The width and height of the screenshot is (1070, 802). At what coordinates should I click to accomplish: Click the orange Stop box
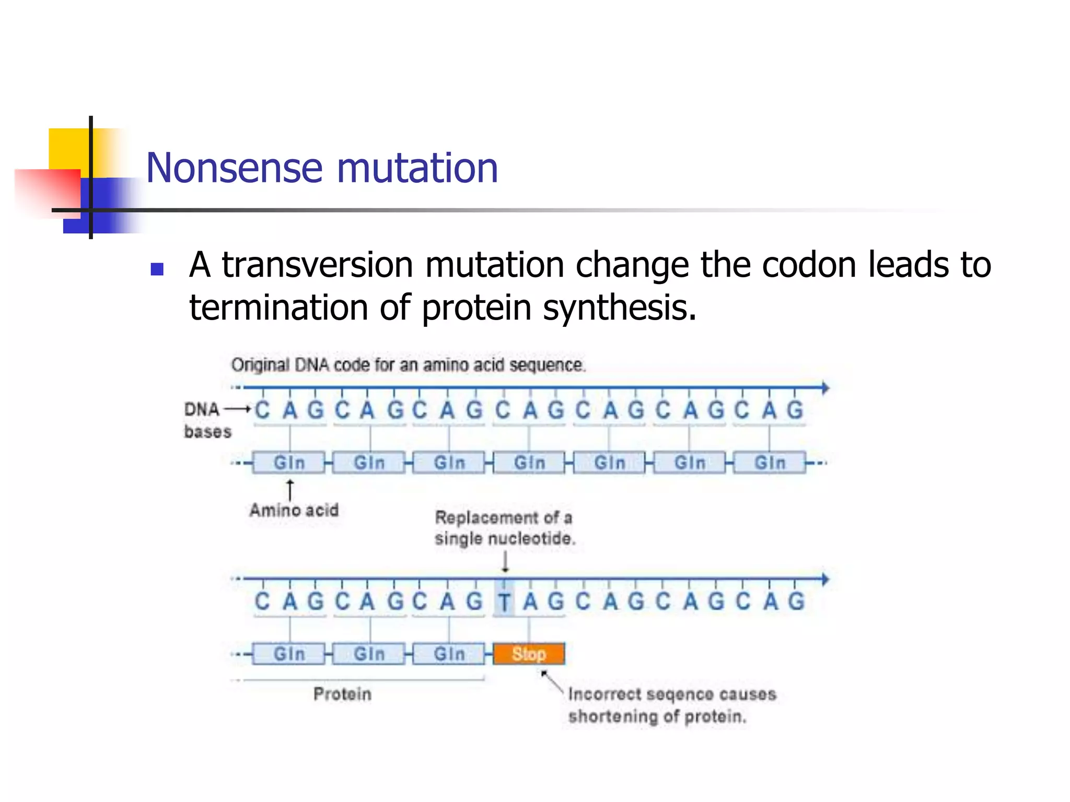point(529,654)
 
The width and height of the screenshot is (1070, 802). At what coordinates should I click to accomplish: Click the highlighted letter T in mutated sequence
point(504,602)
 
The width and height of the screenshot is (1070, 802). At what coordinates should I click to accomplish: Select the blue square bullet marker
point(157,269)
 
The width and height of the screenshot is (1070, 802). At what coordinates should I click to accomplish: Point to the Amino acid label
point(294,510)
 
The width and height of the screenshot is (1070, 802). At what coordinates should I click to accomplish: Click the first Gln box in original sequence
point(289,463)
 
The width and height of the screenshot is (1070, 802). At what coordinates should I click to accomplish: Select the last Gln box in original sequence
point(770,463)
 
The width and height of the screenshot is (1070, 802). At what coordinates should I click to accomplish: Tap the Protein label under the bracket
point(342,694)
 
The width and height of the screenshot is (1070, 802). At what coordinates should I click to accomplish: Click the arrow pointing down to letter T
point(505,562)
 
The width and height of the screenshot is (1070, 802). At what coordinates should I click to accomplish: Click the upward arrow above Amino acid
point(289,490)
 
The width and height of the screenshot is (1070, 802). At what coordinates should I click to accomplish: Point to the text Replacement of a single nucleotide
point(504,528)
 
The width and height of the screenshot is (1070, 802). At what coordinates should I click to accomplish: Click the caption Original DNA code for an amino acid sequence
point(408,365)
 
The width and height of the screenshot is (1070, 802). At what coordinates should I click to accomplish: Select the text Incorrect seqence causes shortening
point(671,705)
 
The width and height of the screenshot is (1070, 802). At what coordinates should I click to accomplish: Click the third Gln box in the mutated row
point(449,654)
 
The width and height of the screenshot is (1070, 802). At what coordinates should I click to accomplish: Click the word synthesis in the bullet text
point(619,308)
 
